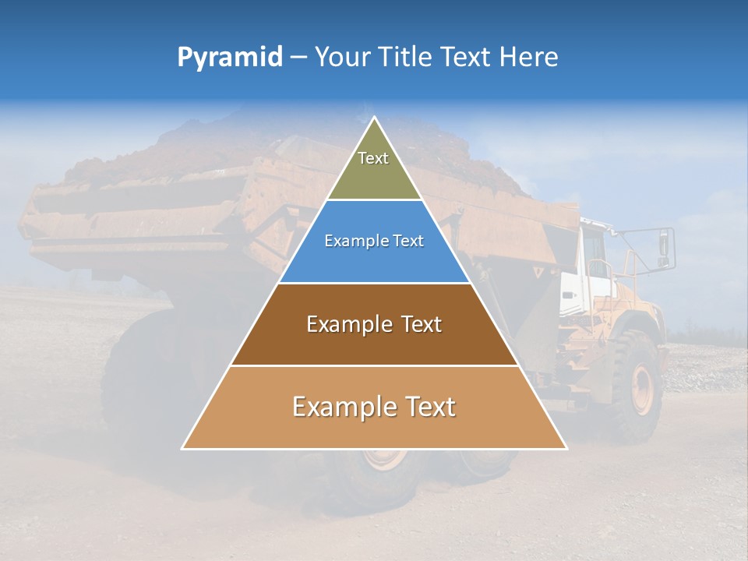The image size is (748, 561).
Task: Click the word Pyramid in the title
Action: [229, 58]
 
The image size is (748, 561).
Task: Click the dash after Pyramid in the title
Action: [298, 58]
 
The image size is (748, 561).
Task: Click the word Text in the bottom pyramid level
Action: [431, 407]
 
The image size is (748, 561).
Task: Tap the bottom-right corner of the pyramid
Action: [565, 447]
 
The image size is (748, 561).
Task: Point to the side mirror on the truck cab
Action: [665, 245]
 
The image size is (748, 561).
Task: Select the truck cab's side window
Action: [598, 257]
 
